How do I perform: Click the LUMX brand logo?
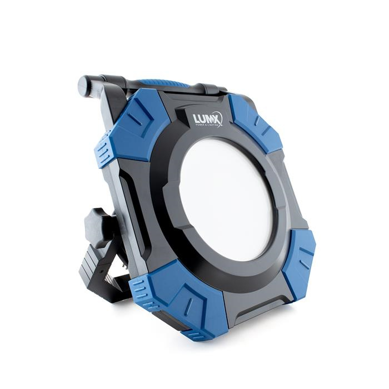point(207,119)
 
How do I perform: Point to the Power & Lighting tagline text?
point(206,125)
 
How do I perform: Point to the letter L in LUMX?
point(196,119)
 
